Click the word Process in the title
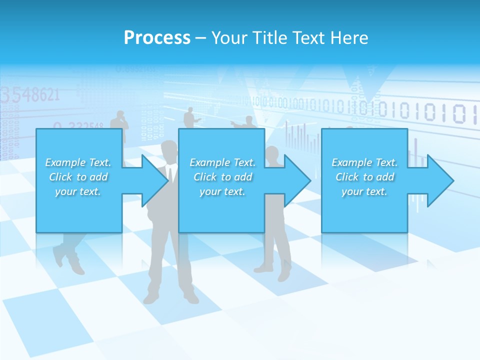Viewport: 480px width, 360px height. point(157,38)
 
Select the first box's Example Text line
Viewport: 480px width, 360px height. point(78,162)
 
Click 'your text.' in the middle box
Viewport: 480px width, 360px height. point(222,191)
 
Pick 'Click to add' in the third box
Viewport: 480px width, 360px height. point(365,177)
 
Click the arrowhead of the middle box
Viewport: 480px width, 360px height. point(297,180)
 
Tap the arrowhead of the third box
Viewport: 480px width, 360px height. point(440,180)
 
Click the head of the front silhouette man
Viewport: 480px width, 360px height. point(169,150)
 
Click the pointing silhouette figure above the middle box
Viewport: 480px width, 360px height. point(189,117)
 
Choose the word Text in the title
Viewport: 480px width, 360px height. point(308,38)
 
